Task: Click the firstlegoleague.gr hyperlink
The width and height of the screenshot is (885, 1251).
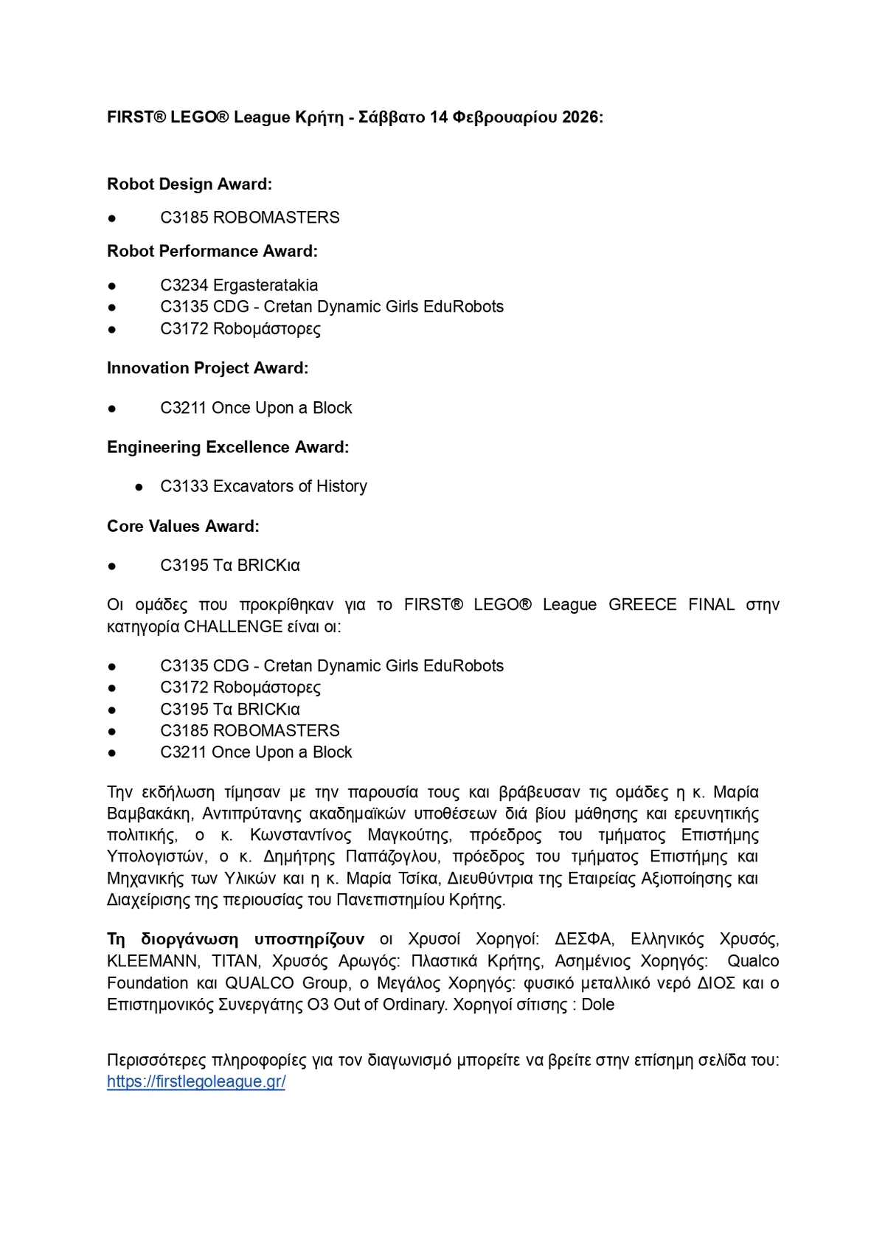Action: coord(196,1081)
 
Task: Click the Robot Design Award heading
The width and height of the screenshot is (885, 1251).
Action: coord(190,184)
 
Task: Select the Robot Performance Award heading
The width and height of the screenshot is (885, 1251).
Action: coord(212,251)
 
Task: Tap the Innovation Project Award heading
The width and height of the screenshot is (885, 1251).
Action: coord(207,368)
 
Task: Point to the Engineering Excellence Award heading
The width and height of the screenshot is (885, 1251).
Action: coord(228,447)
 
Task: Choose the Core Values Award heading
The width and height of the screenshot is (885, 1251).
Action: coord(183,526)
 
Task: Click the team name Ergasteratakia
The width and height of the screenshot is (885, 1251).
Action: coord(265,285)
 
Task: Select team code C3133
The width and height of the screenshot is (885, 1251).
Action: coord(184,486)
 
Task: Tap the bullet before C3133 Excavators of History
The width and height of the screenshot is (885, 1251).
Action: coord(139,487)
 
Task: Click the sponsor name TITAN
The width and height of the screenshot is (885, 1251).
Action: coord(235,961)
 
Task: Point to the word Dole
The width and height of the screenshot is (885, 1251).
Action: coord(597,1005)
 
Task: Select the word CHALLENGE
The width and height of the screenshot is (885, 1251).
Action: coord(223,627)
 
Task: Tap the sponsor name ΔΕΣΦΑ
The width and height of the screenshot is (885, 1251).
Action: coord(583,939)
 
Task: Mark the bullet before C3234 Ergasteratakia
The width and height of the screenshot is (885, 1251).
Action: coord(112,285)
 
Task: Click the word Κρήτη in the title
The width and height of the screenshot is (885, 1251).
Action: coord(319,117)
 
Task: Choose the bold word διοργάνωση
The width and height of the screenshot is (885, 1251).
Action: coord(190,939)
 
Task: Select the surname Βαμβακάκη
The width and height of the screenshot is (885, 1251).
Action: coord(150,814)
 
